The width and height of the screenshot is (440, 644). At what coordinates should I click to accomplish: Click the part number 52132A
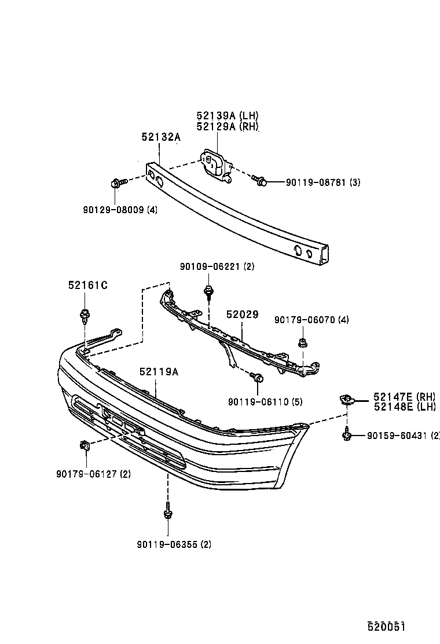[x=161, y=137]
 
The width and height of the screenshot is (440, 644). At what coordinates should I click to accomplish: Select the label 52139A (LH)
[x=227, y=116]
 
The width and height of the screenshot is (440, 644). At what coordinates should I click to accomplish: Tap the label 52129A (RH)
[x=227, y=127]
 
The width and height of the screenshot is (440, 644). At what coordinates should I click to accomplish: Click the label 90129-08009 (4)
[x=120, y=209]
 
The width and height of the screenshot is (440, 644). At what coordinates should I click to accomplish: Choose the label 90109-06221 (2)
[x=217, y=267]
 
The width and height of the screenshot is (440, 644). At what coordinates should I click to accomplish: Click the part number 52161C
[x=88, y=285]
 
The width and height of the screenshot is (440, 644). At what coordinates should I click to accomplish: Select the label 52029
[x=242, y=314]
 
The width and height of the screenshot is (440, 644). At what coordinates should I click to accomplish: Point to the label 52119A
[x=159, y=372]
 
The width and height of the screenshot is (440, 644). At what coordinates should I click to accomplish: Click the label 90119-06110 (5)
[x=265, y=401]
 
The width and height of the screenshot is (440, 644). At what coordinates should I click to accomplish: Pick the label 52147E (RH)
[x=404, y=396]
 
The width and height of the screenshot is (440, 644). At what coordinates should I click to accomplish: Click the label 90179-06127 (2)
[x=93, y=474]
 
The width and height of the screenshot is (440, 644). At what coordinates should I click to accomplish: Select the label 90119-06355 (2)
[x=174, y=544]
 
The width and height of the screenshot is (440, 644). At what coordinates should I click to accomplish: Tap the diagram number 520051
[x=384, y=627]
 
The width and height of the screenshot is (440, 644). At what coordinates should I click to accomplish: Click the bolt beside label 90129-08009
[x=115, y=184]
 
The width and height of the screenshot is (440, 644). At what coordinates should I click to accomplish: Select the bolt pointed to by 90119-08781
[x=261, y=182]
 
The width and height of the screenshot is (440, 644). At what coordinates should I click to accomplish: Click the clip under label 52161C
[x=85, y=316]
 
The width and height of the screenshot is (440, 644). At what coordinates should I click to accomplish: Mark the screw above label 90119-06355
[x=167, y=511]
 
